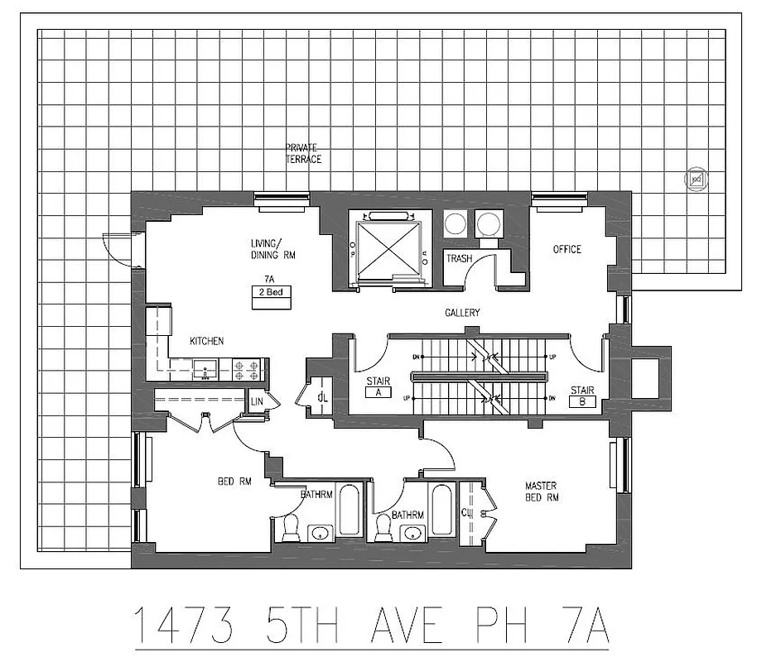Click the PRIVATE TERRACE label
pos(303,153)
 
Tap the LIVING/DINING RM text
pos(273,249)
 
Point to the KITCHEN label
pos(206,341)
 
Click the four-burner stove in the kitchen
pos(248,369)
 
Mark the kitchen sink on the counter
pos(203,368)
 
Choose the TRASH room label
pos(459,259)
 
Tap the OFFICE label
pos(567,249)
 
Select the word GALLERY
pos(462,313)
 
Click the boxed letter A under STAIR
pos(378,393)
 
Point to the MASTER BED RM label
pos(542,492)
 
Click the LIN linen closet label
pos(258,401)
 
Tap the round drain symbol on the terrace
pos(696,179)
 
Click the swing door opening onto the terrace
pos(116,247)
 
